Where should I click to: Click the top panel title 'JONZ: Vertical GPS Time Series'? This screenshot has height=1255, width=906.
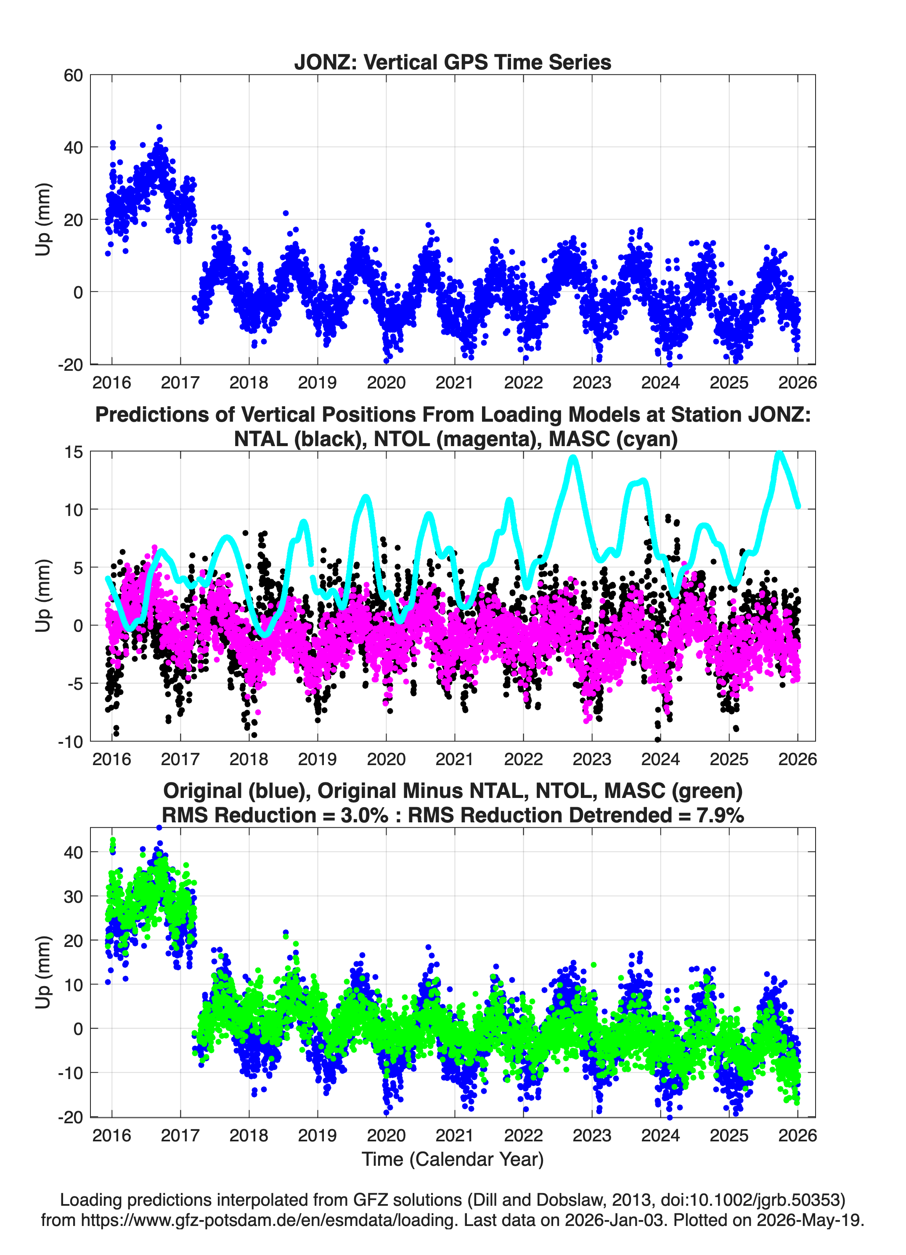tap(453, 62)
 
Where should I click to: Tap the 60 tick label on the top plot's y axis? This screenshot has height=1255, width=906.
tap(73, 75)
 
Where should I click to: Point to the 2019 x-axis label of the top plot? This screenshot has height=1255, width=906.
tap(318, 383)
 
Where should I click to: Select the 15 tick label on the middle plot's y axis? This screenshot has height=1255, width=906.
tap(74, 452)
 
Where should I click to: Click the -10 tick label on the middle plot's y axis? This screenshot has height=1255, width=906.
tap(70, 742)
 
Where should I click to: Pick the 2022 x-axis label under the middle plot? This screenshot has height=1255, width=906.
tap(523, 759)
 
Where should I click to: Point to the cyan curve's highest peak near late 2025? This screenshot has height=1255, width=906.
tap(779, 454)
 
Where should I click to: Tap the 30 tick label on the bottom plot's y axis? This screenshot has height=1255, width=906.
tap(73, 896)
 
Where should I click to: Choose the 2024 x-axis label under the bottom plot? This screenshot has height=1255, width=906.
tap(660, 1135)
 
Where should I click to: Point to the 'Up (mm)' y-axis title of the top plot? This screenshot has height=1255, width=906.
tap(43, 220)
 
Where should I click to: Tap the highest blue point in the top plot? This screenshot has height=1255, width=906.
tap(159, 127)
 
